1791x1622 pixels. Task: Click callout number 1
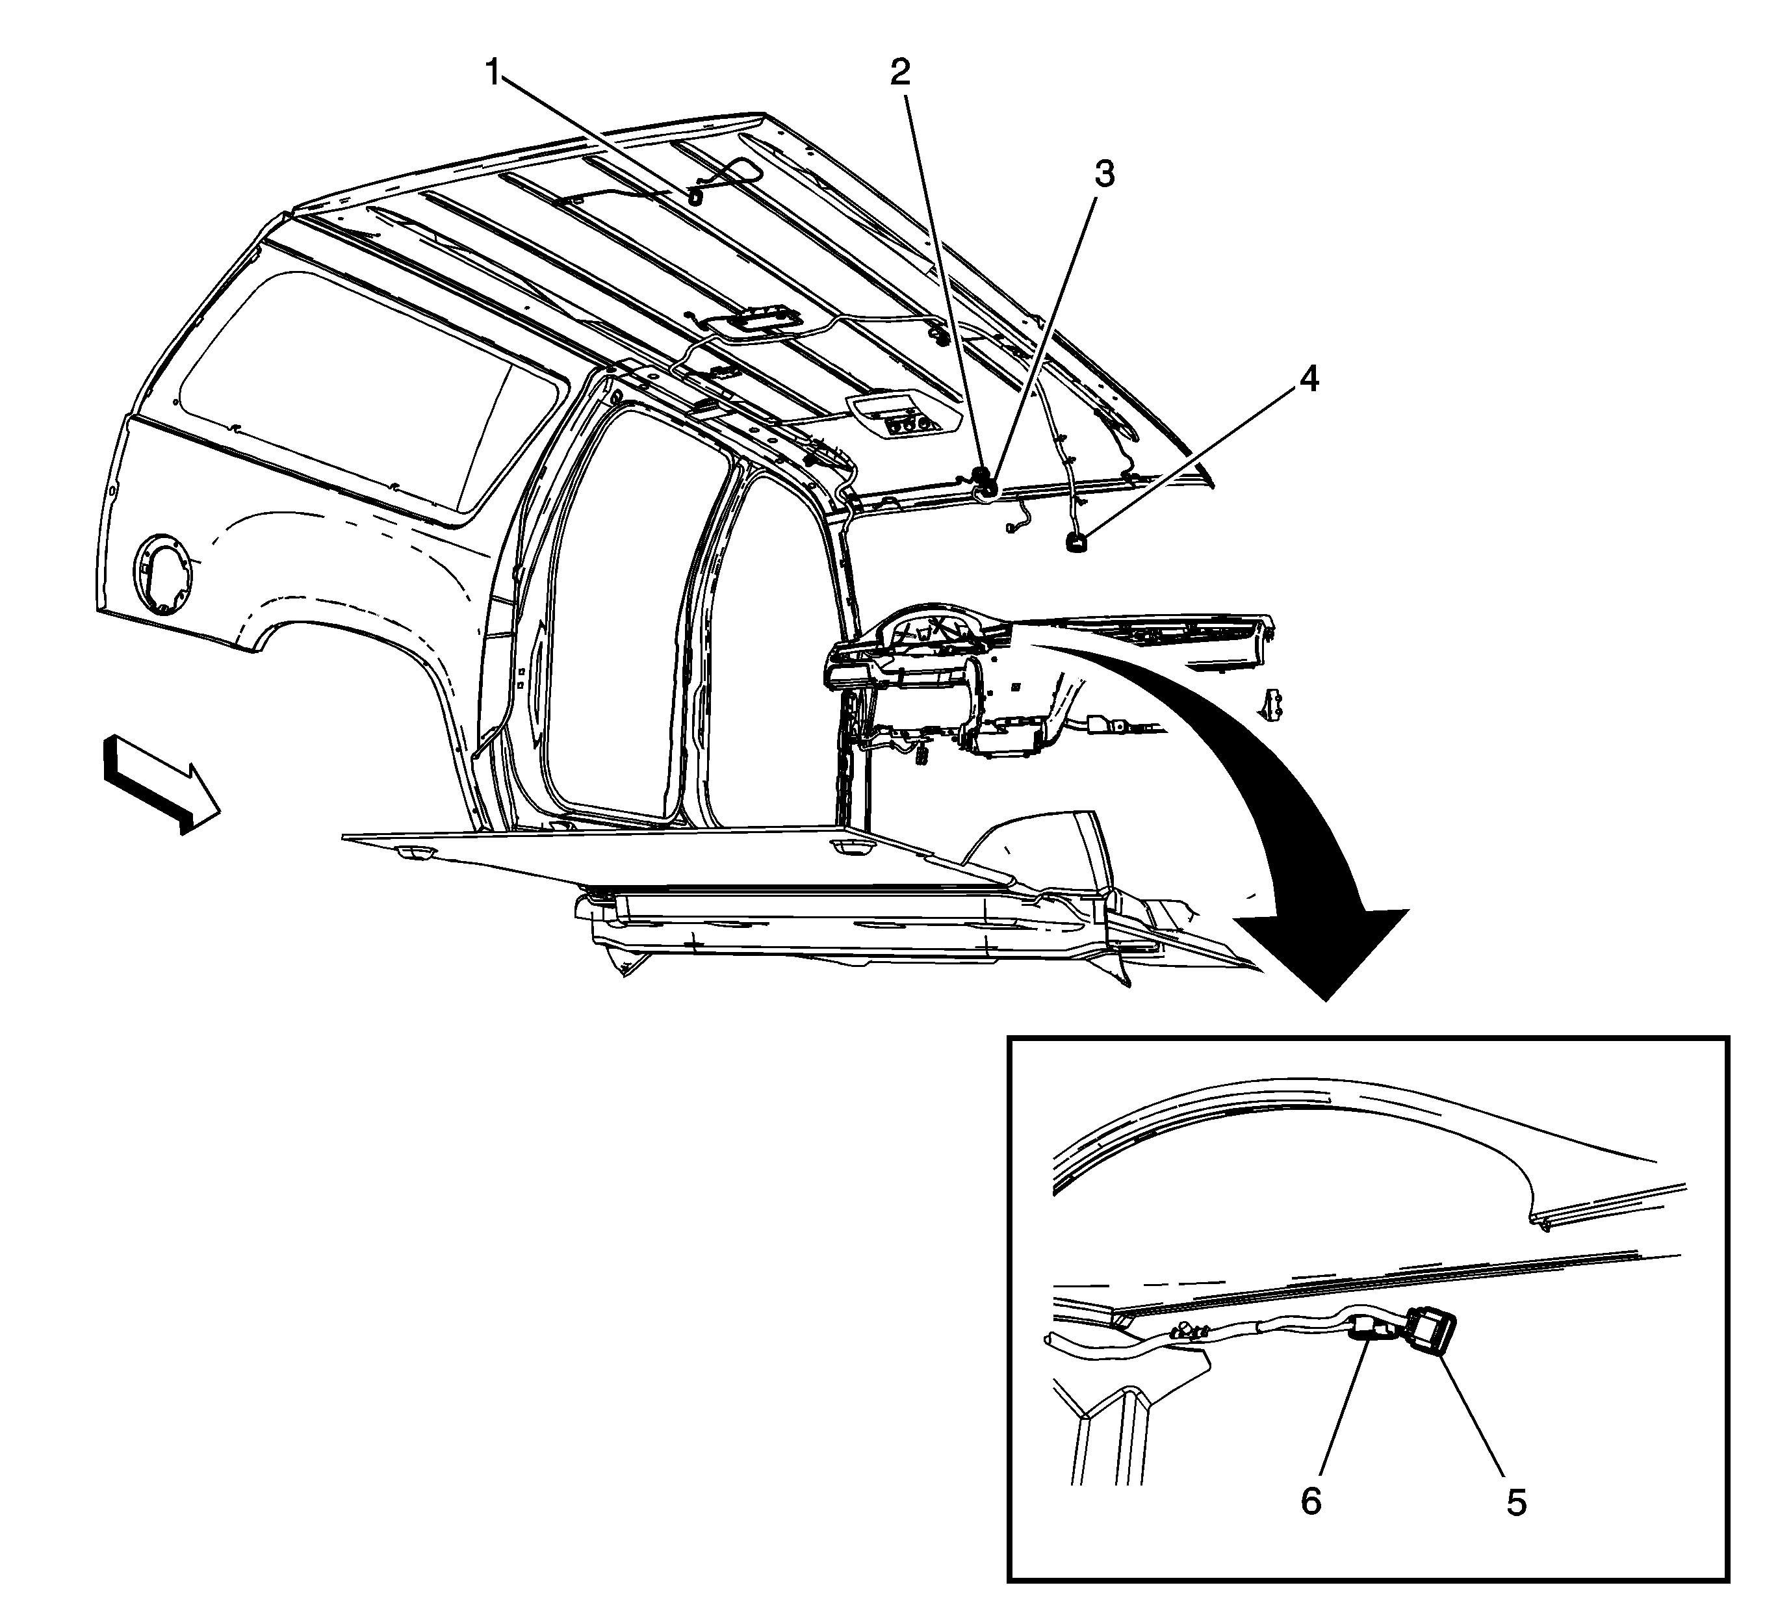click(492, 73)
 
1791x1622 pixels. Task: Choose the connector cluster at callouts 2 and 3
click(983, 482)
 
